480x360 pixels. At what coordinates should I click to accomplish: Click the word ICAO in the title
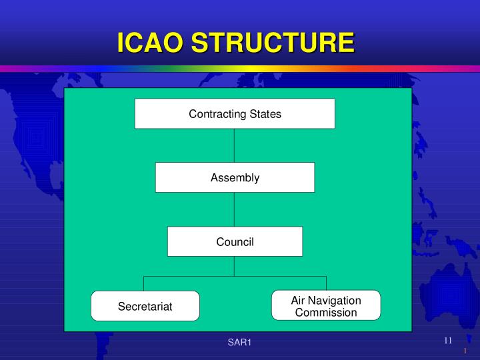tap(151, 43)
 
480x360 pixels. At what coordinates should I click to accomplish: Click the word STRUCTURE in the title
tap(273, 43)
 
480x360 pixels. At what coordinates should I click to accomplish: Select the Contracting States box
tap(235, 113)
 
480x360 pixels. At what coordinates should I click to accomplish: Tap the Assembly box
tap(235, 177)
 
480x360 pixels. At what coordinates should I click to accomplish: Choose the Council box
tap(235, 241)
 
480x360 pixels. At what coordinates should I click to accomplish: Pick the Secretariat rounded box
tap(145, 306)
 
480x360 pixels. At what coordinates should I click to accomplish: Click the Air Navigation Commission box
tap(326, 305)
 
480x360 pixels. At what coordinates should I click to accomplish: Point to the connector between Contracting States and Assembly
tap(235, 145)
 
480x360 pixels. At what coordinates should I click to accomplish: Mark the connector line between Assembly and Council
tap(235, 209)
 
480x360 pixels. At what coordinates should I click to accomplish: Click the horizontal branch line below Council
tap(200, 276)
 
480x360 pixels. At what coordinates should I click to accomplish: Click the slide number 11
tap(448, 341)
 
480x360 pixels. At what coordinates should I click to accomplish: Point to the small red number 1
tap(465, 351)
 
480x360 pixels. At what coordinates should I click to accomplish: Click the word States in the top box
tap(265, 114)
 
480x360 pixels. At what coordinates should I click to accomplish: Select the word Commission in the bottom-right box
tap(326, 312)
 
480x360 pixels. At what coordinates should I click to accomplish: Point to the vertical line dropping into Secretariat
tap(145, 283)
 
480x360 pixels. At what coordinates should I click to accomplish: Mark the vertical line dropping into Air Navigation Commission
tap(326, 283)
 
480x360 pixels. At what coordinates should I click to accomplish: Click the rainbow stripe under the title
tap(240, 68)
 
